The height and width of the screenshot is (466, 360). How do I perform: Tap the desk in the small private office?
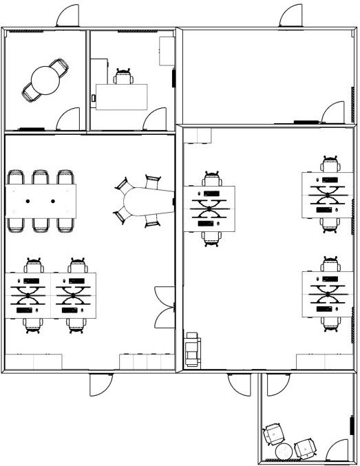pyautogui.click(x=122, y=96)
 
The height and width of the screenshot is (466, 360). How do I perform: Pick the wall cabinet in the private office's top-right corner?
pyautogui.click(x=167, y=52)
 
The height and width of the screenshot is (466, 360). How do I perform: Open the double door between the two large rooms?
pyautogui.click(x=165, y=306)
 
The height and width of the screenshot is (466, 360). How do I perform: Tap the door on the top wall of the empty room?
pyautogui.click(x=292, y=17)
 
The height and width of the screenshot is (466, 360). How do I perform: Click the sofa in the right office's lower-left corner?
pyautogui.click(x=191, y=350)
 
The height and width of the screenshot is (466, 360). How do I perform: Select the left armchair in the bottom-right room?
pyautogui.click(x=273, y=435)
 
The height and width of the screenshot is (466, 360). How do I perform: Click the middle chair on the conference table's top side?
pyautogui.click(x=41, y=177)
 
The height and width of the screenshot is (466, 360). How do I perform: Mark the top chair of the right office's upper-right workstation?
pyautogui.click(x=331, y=165)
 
